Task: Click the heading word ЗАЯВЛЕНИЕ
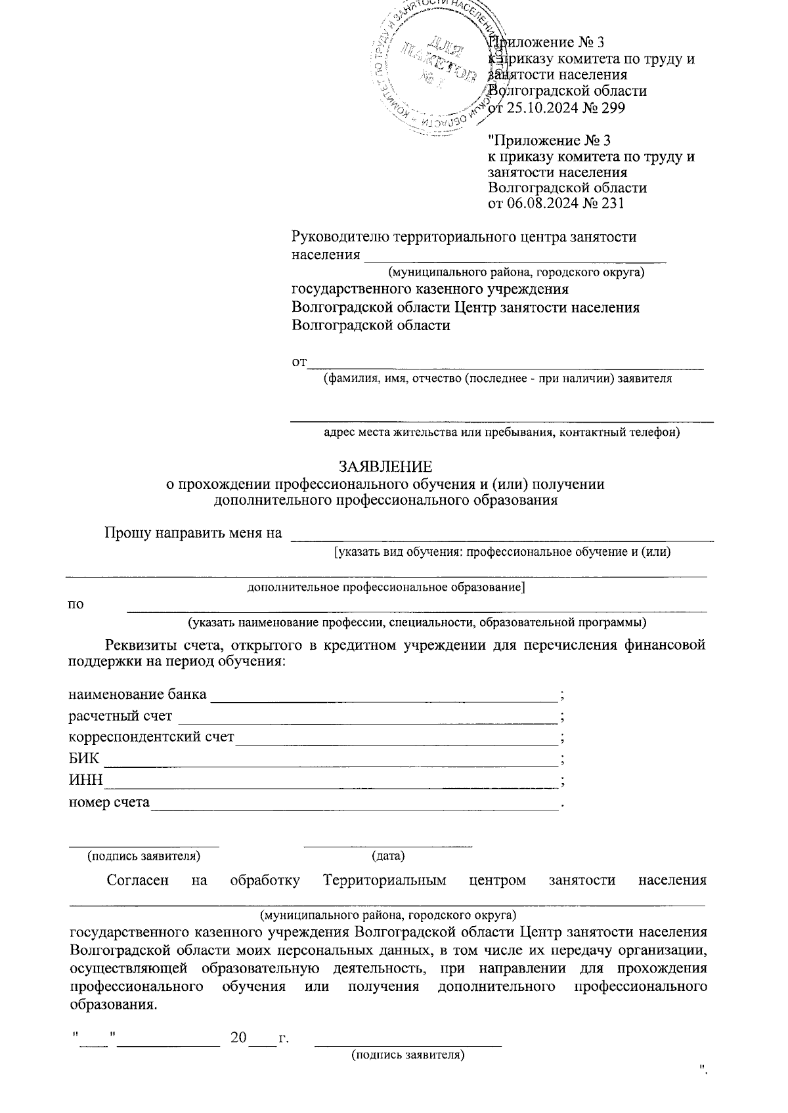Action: coord(385,467)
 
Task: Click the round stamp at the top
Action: coord(437,66)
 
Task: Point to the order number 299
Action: coord(611,107)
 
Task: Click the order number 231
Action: coord(611,203)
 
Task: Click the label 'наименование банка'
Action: coord(137,694)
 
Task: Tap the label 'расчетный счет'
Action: coord(121,716)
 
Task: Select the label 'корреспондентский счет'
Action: coord(152,737)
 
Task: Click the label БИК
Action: coord(84,759)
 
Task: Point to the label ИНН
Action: coord(86,780)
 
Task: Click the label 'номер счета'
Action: coord(109,802)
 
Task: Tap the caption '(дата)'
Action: coord(388,856)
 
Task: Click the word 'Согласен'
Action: coord(137,881)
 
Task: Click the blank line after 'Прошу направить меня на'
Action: coord(502,539)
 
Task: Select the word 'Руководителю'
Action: coord(341,237)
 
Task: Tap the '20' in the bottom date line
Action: coord(238,1038)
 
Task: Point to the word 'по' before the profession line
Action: coord(76,604)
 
